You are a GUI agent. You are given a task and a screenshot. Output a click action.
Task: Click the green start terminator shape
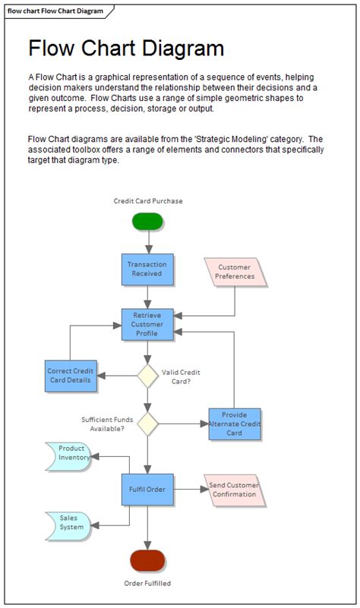point(147,221)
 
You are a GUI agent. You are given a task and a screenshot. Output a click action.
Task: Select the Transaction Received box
point(147,269)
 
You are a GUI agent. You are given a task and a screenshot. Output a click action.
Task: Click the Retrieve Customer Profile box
point(147,324)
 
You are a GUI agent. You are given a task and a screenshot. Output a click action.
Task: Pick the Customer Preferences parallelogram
point(235,272)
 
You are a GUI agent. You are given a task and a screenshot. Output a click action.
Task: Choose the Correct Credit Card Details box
point(71,375)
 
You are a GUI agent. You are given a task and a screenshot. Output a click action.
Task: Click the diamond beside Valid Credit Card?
point(147,375)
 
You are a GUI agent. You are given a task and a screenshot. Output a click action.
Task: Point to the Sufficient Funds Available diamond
point(147,424)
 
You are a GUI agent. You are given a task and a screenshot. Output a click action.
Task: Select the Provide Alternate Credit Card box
point(235,424)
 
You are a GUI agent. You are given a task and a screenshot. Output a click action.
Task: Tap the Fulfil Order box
point(147,489)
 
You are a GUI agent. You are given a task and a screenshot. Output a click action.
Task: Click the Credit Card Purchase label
point(148,201)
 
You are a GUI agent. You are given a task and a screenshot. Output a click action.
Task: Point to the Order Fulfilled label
point(147,584)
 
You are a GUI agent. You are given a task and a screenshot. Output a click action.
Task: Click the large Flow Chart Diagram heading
point(126,49)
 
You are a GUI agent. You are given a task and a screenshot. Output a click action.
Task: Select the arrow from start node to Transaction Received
point(147,241)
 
